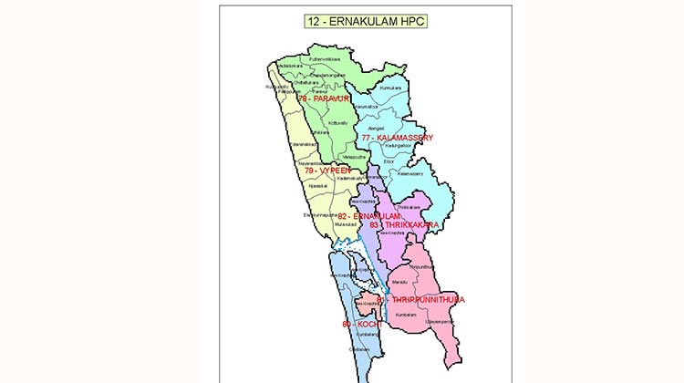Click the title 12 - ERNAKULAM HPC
[365, 19]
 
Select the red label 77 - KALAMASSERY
[397, 138]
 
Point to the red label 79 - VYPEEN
[327, 171]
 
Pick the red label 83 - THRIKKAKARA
[405, 224]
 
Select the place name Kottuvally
[338, 121]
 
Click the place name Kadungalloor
[399, 145]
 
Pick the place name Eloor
[389, 161]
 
